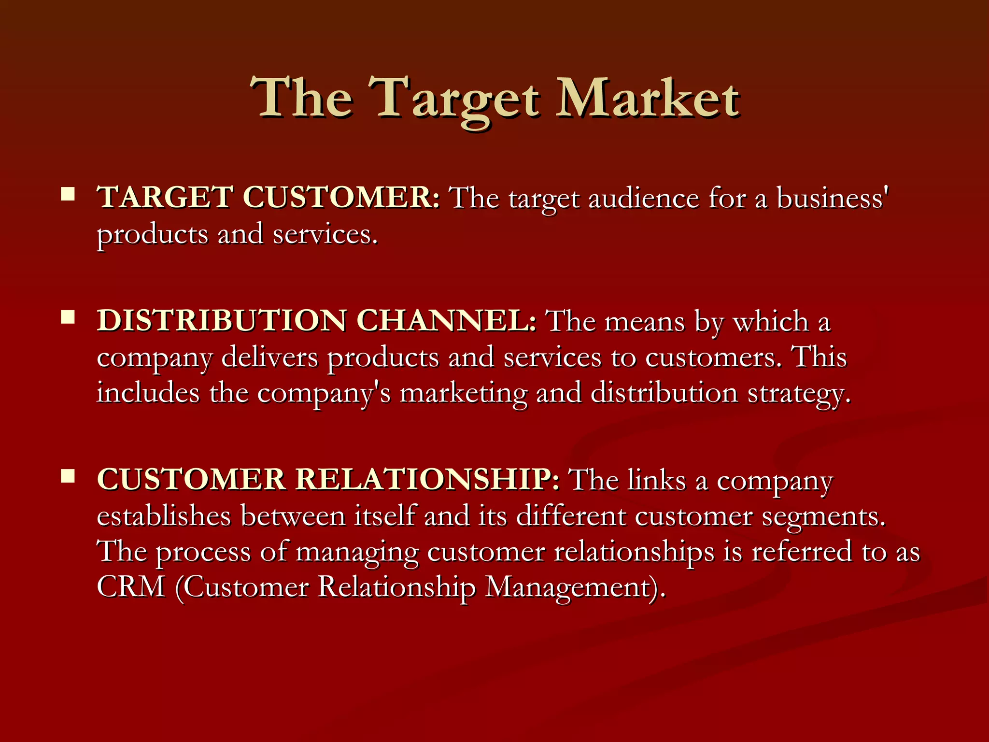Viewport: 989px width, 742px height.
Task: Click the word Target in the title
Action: (456, 99)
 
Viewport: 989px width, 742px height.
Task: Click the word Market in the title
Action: (647, 99)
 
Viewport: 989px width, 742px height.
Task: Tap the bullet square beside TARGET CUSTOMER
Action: (68, 194)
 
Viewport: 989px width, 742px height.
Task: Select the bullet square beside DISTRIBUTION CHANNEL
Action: (68, 317)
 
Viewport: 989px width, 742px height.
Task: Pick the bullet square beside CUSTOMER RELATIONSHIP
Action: (68, 476)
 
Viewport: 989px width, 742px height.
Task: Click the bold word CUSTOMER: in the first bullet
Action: (341, 198)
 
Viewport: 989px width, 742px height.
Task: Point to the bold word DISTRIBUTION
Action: (221, 321)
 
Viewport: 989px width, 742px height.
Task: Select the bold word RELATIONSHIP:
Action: (427, 480)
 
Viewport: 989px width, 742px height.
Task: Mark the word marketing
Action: (463, 393)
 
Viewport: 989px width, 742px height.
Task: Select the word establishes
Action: (164, 516)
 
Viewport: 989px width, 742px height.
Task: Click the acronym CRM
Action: (131, 587)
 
